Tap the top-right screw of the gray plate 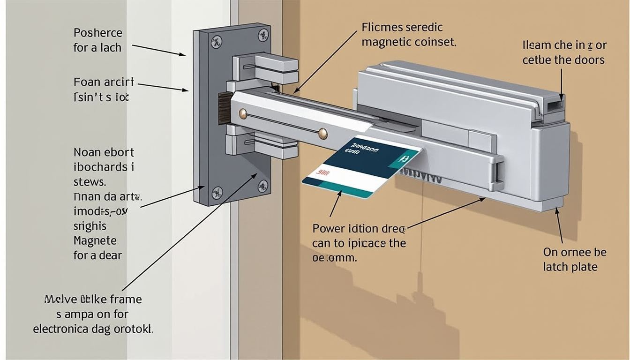click(262, 34)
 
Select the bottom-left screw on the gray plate click(217, 191)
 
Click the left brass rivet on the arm click(243, 113)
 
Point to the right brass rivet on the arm click(322, 134)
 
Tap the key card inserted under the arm click(361, 166)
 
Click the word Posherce click(98, 33)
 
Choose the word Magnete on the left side click(95, 241)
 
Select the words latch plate click(570, 267)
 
